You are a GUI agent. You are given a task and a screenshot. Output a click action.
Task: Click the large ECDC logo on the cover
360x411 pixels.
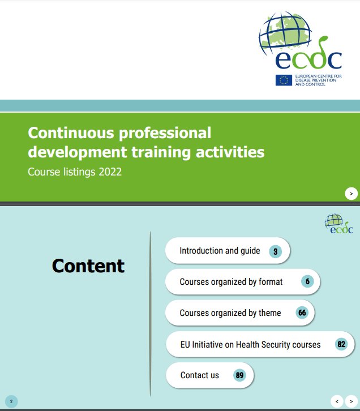300,49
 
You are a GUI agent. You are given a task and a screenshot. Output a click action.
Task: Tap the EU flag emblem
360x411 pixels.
284,80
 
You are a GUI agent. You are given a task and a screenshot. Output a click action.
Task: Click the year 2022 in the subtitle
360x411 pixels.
110,172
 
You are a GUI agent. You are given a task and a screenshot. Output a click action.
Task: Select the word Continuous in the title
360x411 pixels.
71,133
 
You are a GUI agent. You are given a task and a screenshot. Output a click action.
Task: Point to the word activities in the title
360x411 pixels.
230,152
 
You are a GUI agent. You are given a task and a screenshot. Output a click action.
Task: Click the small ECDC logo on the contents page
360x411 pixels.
339,224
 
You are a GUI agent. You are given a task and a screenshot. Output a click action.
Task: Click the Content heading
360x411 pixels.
88,266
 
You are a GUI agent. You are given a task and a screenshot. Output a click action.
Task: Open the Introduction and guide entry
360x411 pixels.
228,251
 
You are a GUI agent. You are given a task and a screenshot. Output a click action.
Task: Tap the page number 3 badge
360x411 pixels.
275,251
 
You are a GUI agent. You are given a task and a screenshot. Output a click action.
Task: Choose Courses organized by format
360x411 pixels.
243,282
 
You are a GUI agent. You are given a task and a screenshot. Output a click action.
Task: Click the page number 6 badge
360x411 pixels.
307,281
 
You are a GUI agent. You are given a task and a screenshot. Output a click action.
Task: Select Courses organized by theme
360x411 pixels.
240,312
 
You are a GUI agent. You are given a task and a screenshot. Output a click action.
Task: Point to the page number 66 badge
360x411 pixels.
302,312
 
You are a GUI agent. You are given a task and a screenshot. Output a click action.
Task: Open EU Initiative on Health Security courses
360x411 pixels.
260,344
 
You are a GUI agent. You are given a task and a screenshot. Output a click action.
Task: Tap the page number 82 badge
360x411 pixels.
341,344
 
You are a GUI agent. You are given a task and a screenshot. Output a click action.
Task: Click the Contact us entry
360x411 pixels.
209,375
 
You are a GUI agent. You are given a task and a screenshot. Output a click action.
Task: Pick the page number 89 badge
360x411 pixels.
239,375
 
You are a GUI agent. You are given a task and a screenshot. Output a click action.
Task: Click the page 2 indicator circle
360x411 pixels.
11,401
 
